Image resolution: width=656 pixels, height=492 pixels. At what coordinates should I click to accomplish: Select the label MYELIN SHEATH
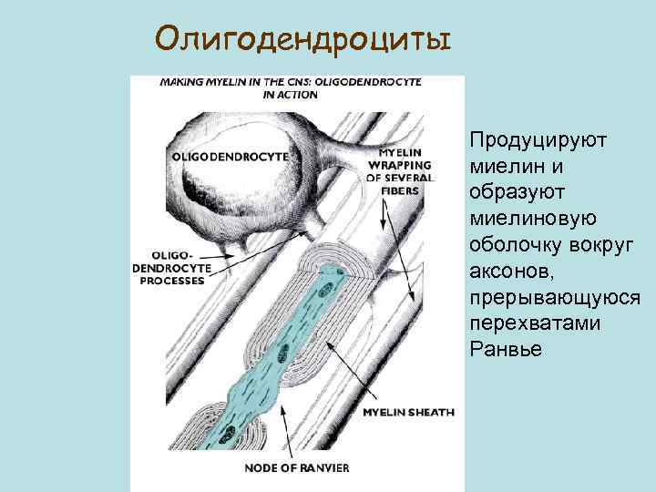click(408, 413)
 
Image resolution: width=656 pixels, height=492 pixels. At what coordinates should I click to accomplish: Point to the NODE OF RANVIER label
click(297, 468)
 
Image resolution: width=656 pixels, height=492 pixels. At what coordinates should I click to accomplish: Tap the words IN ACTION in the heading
click(290, 94)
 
